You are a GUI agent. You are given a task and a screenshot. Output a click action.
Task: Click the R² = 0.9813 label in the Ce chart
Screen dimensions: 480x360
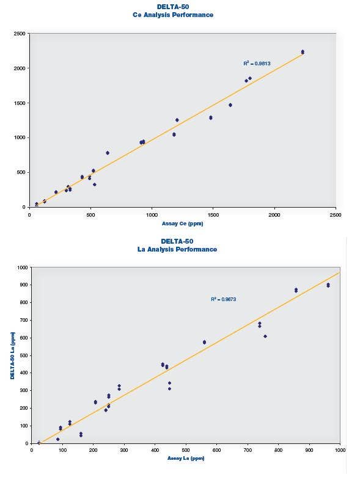pos(257,63)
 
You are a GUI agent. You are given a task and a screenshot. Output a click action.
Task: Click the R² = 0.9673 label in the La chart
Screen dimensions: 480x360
pos(223,299)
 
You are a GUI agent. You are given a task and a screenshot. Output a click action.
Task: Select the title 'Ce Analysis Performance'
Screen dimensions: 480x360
pos(182,15)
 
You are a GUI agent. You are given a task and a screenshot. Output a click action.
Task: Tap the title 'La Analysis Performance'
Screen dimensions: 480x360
pos(184,249)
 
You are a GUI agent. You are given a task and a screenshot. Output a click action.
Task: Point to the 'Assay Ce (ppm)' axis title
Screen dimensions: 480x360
pos(183,223)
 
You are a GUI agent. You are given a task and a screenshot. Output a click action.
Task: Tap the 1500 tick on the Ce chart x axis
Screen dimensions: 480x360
pos(213,215)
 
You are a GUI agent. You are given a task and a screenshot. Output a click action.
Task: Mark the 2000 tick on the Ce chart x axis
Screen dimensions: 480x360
pos(274,215)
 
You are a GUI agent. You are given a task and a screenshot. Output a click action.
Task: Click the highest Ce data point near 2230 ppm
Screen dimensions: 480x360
pos(303,52)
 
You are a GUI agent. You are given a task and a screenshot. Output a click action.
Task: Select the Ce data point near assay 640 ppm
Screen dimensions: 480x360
pos(108,153)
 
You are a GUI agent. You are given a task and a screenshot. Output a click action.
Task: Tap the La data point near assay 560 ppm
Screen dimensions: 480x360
pos(204,342)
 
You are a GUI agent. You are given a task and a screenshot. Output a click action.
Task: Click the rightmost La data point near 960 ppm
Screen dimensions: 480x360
pos(328,285)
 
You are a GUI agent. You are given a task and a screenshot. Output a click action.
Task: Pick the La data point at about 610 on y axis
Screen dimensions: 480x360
pos(265,336)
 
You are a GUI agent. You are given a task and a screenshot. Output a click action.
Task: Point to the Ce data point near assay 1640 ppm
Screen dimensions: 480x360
pos(230,105)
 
